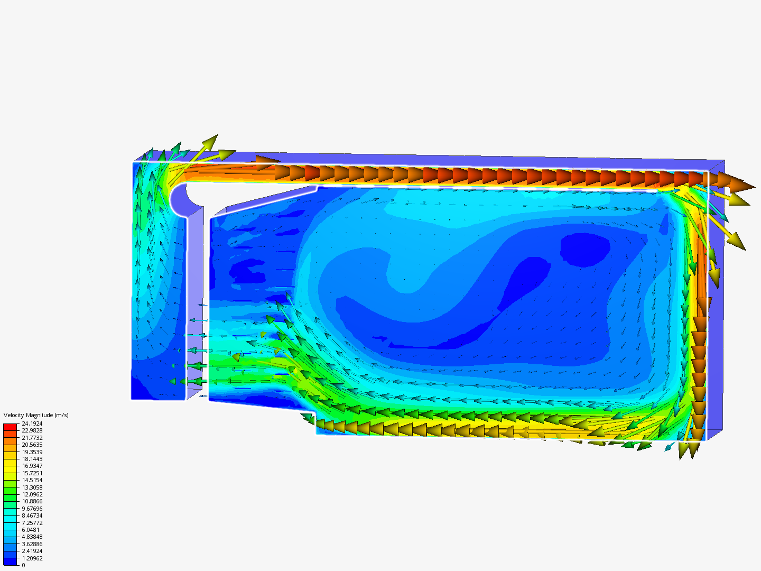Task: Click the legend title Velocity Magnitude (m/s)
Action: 36,415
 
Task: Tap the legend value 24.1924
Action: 32,423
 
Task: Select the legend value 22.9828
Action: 32,430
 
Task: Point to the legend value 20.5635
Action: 32,445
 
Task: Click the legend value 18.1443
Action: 32,459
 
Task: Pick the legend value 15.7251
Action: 32,473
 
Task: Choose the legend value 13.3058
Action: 32,487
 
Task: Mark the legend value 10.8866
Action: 32,501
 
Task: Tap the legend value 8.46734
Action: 32,515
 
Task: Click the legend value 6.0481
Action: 31,530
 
